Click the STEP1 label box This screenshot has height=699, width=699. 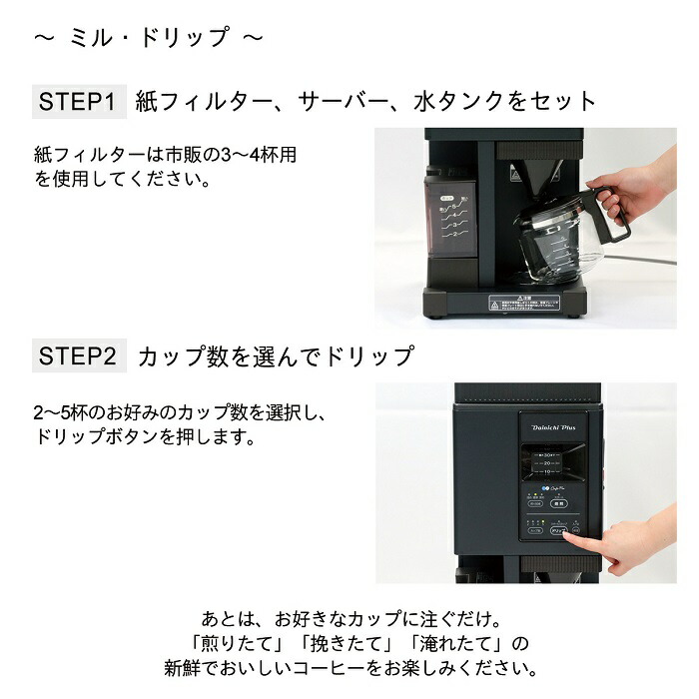click(79, 101)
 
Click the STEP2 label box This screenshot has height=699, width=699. click(79, 355)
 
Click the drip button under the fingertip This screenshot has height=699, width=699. click(562, 532)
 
